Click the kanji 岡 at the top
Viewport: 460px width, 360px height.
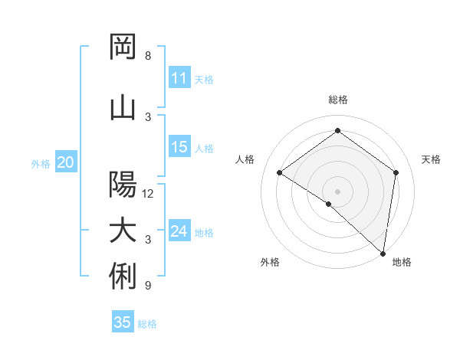coord(123,47)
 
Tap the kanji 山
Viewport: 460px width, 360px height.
coord(123,108)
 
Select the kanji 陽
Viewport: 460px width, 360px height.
coord(123,185)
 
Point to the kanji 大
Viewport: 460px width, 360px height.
coord(123,231)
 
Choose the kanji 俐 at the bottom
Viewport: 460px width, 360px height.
coord(123,277)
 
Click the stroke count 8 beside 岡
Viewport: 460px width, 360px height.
coord(148,56)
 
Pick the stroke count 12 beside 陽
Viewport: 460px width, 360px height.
coord(149,194)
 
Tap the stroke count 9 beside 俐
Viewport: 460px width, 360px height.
coord(148,286)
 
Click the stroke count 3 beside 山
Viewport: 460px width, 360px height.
coord(148,117)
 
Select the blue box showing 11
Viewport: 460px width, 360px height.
coord(179,78)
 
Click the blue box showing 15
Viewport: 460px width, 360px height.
coord(179,147)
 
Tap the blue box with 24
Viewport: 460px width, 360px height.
coord(179,231)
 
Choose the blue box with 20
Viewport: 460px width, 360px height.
coord(66,162)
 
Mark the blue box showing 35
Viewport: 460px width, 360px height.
coord(123,322)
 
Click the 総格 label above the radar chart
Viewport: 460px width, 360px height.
coord(338,100)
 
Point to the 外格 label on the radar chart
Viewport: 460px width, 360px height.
coord(270,263)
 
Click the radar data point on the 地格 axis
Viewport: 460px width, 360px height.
coord(383,253)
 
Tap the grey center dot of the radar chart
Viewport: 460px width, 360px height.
coord(338,191)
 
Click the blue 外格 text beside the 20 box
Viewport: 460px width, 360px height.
coord(41,163)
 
